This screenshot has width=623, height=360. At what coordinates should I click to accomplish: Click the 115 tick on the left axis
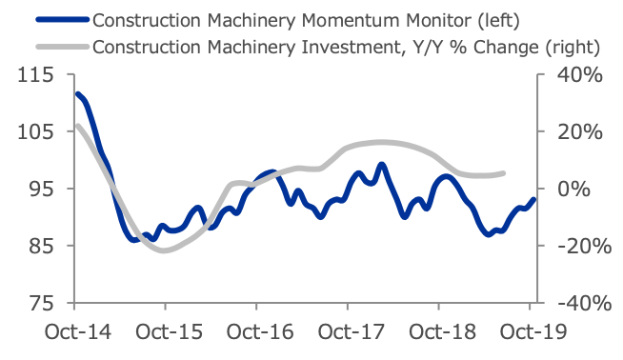click(x=35, y=74)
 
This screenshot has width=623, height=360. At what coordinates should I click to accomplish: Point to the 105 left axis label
click(x=35, y=131)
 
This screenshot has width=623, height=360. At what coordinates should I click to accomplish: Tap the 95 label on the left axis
click(x=41, y=189)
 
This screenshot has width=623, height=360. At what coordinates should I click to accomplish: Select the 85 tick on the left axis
click(x=41, y=246)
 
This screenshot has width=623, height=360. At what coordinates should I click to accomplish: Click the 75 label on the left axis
click(x=41, y=303)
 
